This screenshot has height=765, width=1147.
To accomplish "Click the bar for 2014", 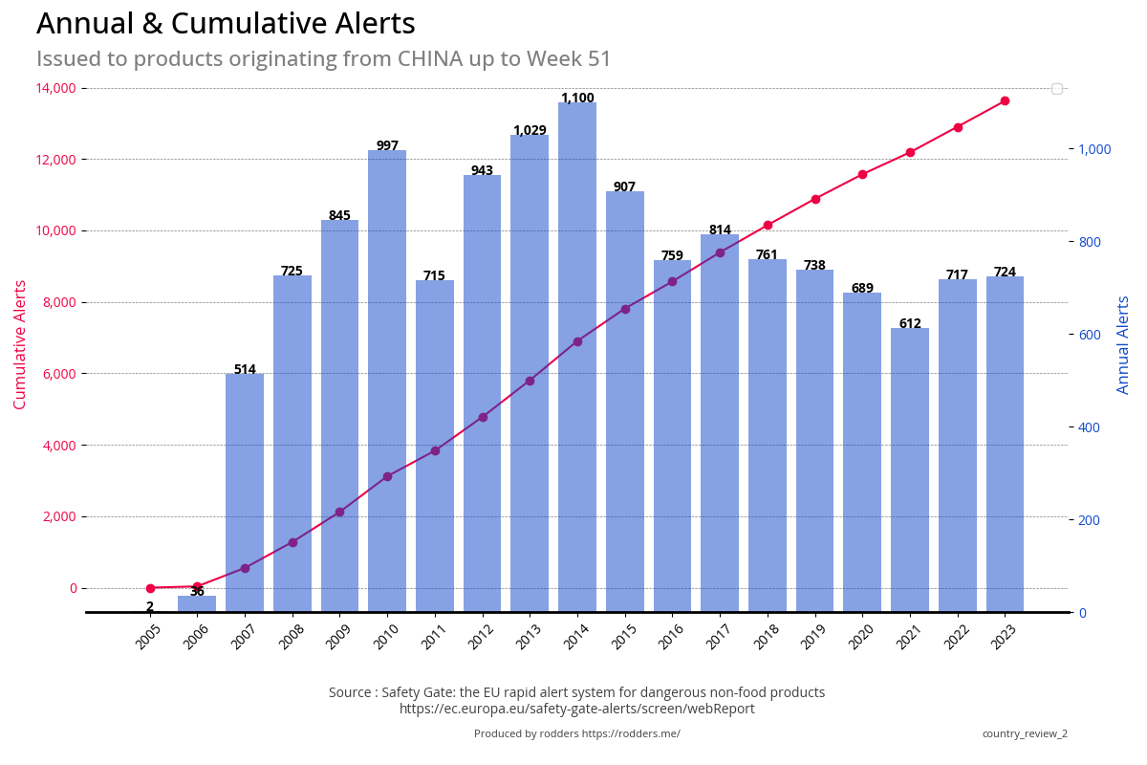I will coord(577,363).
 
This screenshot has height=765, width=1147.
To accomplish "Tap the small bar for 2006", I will coord(197,603).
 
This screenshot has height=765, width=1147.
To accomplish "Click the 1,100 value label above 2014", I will coord(577,98).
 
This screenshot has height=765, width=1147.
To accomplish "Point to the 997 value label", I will coord(387,145).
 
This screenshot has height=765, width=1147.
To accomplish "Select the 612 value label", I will coord(910,323).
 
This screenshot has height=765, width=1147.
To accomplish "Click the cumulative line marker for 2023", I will coord(1005,100).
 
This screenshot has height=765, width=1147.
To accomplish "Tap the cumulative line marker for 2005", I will coord(150,588).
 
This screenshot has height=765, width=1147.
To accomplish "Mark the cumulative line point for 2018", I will coord(768,225).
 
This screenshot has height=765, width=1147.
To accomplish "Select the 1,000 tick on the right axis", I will coord(1095,149).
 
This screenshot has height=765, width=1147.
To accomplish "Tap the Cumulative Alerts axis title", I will coord(20,344).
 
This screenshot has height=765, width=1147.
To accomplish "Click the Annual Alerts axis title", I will coord(1124,344).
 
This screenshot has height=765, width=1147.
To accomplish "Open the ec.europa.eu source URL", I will coord(576,709).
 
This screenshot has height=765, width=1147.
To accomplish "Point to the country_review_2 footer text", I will coord(1025,733).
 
